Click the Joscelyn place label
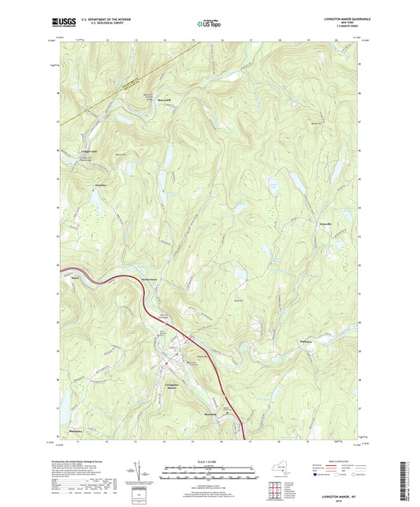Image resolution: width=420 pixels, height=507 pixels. (100, 185)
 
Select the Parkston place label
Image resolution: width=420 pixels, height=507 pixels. (307, 341)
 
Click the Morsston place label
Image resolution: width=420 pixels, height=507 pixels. (209, 413)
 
